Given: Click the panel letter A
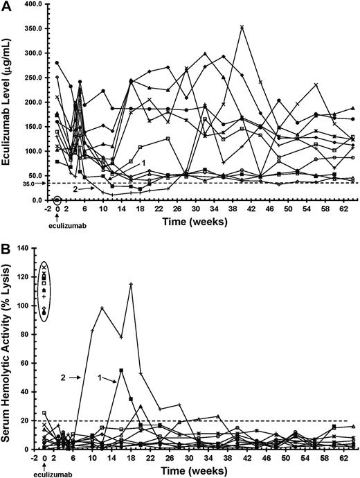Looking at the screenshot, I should tap(7, 6).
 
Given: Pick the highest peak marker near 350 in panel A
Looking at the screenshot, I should tap(242, 27).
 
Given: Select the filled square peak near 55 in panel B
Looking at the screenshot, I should tap(121, 371).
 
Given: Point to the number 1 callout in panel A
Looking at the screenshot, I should tap(142, 161).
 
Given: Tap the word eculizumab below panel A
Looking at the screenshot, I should tap(57, 224).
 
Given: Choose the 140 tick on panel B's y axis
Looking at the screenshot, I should tap(30, 248).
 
